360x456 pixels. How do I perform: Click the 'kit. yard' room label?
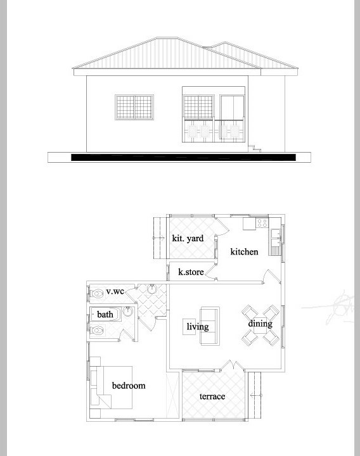188,239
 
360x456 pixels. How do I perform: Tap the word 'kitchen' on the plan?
244,251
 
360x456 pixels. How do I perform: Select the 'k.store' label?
191,272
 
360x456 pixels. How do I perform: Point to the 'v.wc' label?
115,291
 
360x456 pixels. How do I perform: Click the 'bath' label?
105,314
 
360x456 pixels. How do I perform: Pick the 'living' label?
198,327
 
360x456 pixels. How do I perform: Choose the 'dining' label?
260,324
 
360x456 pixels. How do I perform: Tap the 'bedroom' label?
129,386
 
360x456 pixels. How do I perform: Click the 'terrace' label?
212,396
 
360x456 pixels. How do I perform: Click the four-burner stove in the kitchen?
262,223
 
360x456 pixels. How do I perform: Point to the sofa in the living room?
210,326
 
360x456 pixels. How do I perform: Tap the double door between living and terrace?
233,366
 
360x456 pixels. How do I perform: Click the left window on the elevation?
134,107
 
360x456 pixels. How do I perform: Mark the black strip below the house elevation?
183,157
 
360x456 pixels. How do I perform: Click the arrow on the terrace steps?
256,395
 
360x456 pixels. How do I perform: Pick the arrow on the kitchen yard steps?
158,238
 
